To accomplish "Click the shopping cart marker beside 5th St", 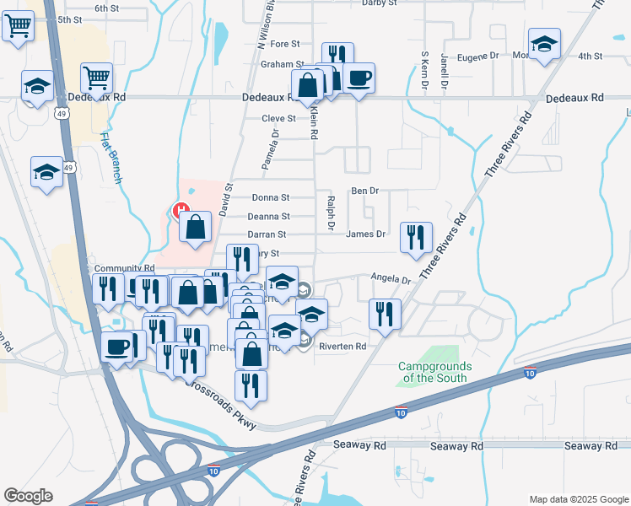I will point(19,27).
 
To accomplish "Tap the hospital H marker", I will point(179,212).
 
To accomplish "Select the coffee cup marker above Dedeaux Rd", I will point(359,78).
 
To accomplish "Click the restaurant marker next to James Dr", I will point(415,237).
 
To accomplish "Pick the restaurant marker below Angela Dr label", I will point(385,314).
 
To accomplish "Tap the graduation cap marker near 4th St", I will point(545,44).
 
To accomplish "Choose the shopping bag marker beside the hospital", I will point(195,226).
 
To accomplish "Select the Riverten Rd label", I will point(342,347).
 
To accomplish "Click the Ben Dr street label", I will point(365,191).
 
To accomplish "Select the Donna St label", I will point(271,197).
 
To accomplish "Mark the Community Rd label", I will point(125,268).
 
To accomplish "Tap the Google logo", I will point(29,496).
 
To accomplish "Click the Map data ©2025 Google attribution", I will point(578,499).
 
